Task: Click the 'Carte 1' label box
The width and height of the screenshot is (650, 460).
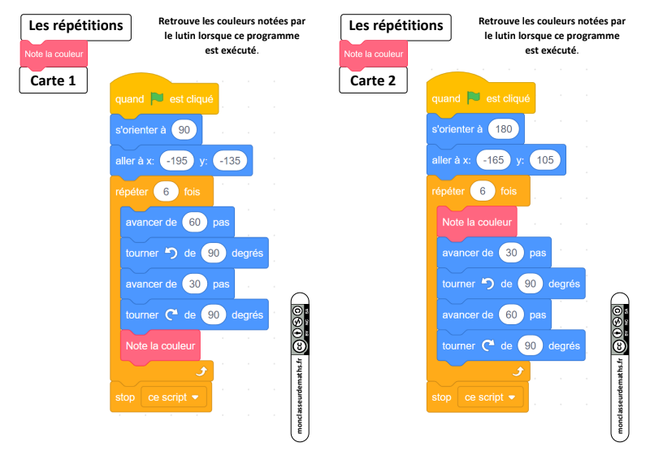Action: tap(54, 80)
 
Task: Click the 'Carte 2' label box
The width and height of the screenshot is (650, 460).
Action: tap(373, 80)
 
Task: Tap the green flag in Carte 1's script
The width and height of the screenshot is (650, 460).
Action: tap(157, 98)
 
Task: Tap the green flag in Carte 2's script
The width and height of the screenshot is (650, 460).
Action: tap(474, 98)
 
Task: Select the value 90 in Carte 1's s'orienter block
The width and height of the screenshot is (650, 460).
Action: tap(184, 130)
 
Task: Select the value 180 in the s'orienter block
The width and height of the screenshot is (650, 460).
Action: tap(503, 129)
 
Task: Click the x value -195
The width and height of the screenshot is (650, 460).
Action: tap(177, 161)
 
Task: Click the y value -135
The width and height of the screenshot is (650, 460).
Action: tap(230, 161)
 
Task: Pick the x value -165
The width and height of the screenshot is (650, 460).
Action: tap(493, 159)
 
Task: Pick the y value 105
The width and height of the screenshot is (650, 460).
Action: tap(545, 159)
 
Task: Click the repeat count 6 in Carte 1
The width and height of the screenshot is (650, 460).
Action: tap(166, 192)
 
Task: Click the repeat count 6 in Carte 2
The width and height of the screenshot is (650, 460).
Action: tap(483, 191)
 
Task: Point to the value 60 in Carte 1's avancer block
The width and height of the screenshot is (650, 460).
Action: tap(194, 223)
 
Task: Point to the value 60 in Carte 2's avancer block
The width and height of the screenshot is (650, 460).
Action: tap(511, 315)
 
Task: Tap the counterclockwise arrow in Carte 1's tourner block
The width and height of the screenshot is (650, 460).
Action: tap(171, 253)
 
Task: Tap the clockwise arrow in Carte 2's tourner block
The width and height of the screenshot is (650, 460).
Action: tap(488, 345)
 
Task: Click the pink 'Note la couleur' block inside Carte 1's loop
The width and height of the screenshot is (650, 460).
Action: tap(160, 346)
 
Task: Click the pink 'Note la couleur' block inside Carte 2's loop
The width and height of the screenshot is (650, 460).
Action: tap(477, 223)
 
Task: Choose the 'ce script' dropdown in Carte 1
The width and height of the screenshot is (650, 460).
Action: tap(174, 397)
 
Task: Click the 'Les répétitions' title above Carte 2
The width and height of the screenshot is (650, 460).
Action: tap(396, 27)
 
